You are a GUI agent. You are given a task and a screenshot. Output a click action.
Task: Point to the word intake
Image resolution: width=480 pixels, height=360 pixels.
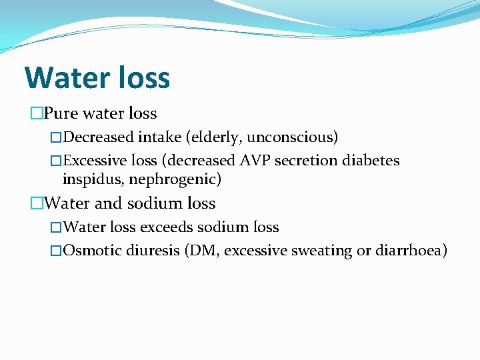click(159, 138)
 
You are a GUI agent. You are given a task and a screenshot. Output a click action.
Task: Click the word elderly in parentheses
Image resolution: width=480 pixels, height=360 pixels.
click(217, 138)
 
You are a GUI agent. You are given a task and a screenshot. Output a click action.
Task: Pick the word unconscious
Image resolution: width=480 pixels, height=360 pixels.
click(294, 138)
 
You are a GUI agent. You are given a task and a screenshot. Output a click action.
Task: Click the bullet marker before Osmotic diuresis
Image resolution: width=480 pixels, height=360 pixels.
click(56, 251)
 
